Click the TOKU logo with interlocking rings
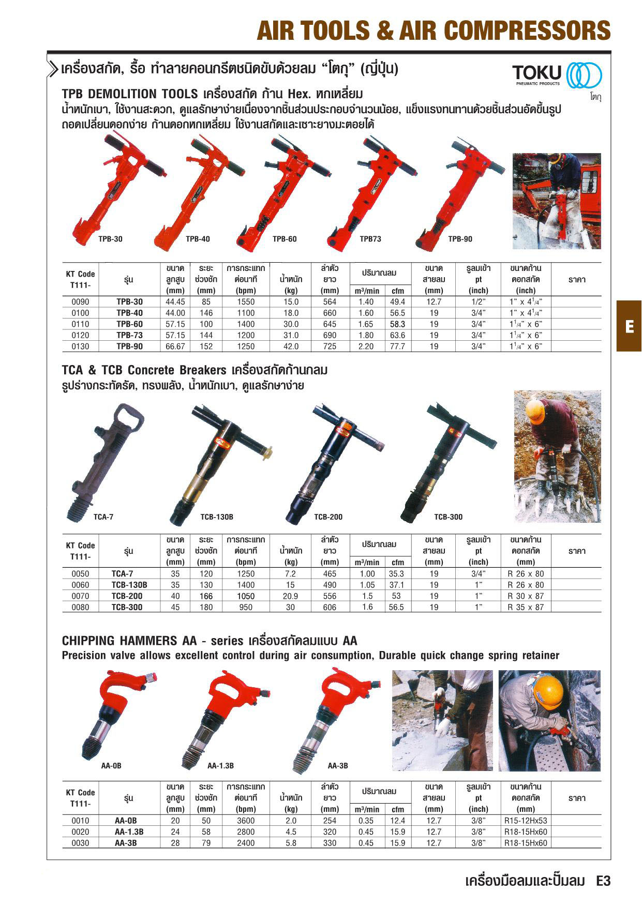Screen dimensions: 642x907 coord(556,75)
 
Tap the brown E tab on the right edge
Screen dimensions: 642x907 coord(629,326)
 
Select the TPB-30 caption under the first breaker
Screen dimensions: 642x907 coord(110,239)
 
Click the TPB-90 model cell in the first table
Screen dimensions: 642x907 coord(129,346)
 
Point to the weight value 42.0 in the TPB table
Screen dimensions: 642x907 coord(291,346)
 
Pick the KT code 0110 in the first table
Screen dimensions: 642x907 coord(80,324)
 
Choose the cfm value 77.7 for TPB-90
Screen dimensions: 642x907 coord(397,346)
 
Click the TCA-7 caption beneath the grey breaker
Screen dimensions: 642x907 coord(103,517)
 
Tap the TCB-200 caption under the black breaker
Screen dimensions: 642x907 coord(328,517)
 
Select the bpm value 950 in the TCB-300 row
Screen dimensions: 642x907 coord(246,607)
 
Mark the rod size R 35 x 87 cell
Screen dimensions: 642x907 coord(526,607)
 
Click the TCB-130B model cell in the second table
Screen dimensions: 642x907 coord(129,585)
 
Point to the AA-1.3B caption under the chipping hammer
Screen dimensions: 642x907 coord(220,766)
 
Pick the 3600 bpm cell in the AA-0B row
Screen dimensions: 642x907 coord(246,821)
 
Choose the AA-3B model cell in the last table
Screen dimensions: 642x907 coord(129,843)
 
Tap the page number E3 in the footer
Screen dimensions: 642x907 coord(603,881)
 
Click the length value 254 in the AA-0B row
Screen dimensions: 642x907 coord(330,821)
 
